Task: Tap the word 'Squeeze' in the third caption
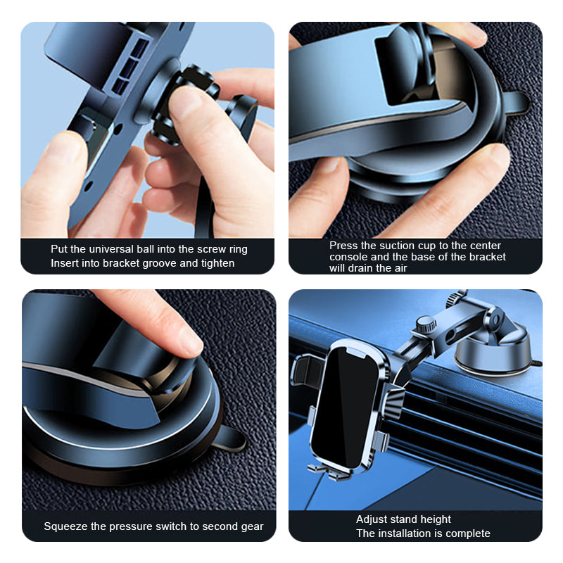63,526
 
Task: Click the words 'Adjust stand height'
403,519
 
